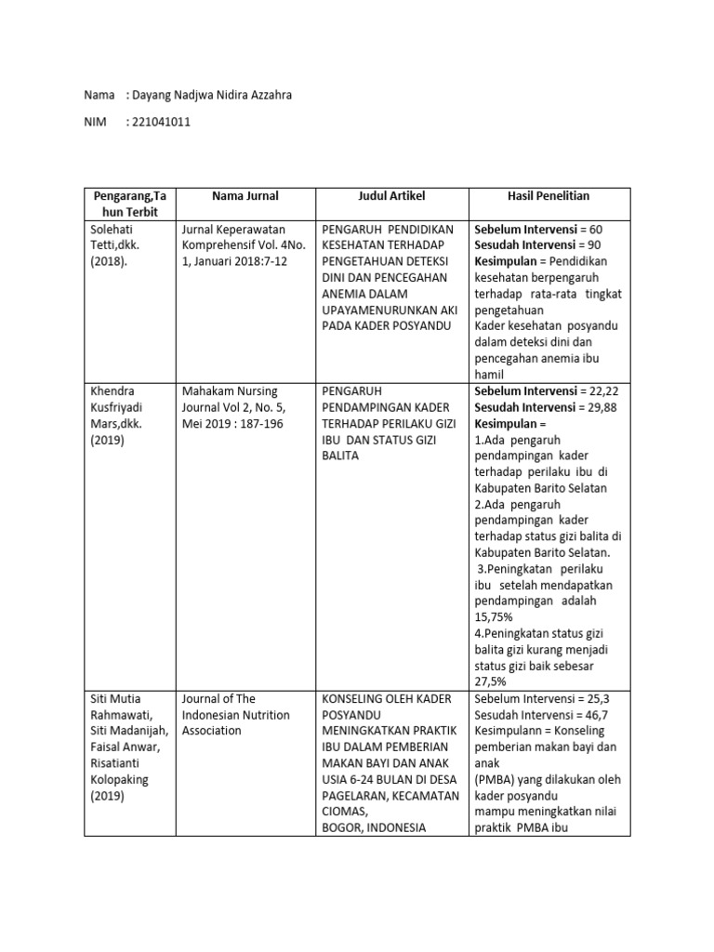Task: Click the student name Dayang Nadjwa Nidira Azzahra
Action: (x=212, y=95)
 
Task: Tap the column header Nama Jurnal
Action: (x=245, y=196)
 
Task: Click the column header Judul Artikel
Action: (x=391, y=196)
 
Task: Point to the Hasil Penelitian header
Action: (x=549, y=196)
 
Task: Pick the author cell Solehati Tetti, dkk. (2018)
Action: (x=118, y=245)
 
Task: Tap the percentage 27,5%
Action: (x=494, y=682)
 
